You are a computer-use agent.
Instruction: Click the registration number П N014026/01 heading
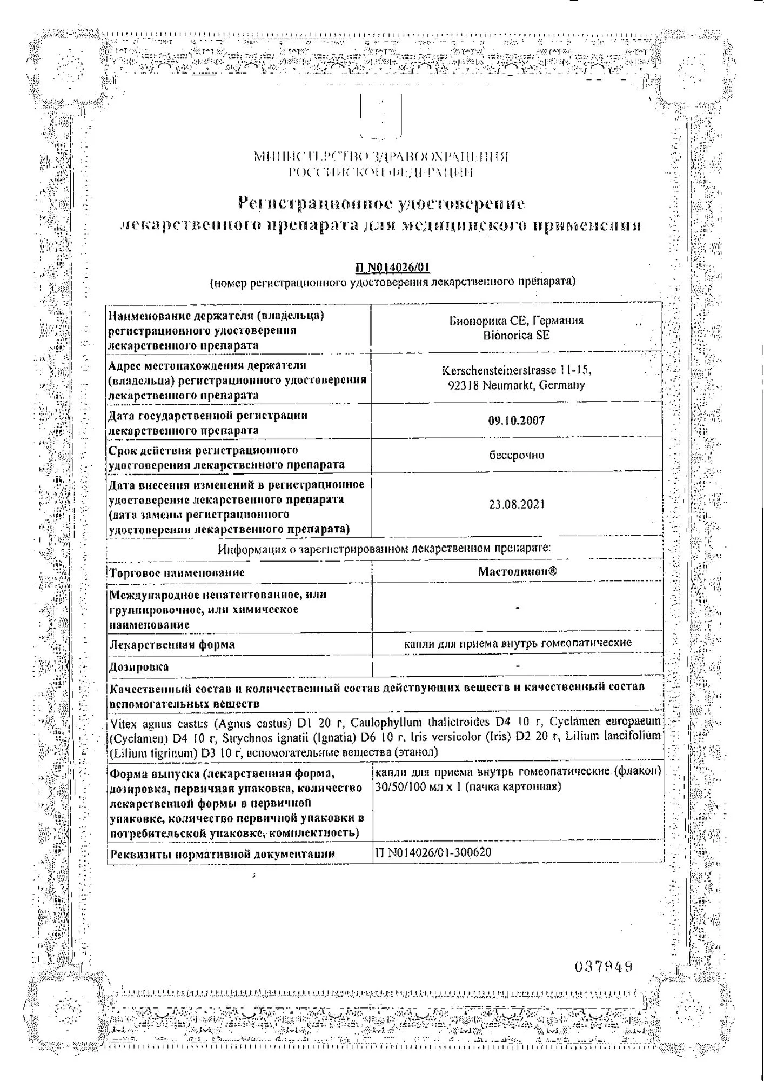pyautogui.click(x=393, y=268)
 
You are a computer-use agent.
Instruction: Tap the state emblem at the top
pyautogui.click(x=381, y=116)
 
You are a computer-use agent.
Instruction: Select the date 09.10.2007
pyautogui.click(x=517, y=421)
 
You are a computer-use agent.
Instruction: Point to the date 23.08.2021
pyautogui.click(x=517, y=504)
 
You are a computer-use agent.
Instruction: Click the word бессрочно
pyautogui.click(x=517, y=455)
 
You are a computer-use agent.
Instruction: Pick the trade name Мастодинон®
pyautogui.click(x=517, y=571)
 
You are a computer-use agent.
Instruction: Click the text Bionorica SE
pyautogui.click(x=517, y=335)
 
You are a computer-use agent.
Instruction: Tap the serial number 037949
pyautogui.click(x=604, y=966)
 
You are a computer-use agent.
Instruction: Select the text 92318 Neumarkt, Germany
pyautogui.click(x=517, y=385)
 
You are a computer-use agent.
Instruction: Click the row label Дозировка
pyautogui.click(x=139, y=667)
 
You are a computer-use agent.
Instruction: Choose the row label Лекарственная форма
pyautogui.click(x=172, y=644)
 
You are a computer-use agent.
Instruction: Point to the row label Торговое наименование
pyautogui.click(x=177, y=572)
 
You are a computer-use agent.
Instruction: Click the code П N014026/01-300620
pyautogui.click(x=433, y=852)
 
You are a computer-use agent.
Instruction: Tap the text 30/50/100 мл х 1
pyautogui.click(x=419, y=786)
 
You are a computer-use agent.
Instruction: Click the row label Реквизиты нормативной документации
pyautogui.click(x=222, y=854)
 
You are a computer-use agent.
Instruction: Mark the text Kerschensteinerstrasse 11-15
pyautogui.click(x=517, y=371)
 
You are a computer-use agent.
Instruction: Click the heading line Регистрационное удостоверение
pyautogui.click(x=381, y=204)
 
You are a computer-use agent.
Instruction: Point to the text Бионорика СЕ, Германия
pyautogui.click(x=517, y=321)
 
